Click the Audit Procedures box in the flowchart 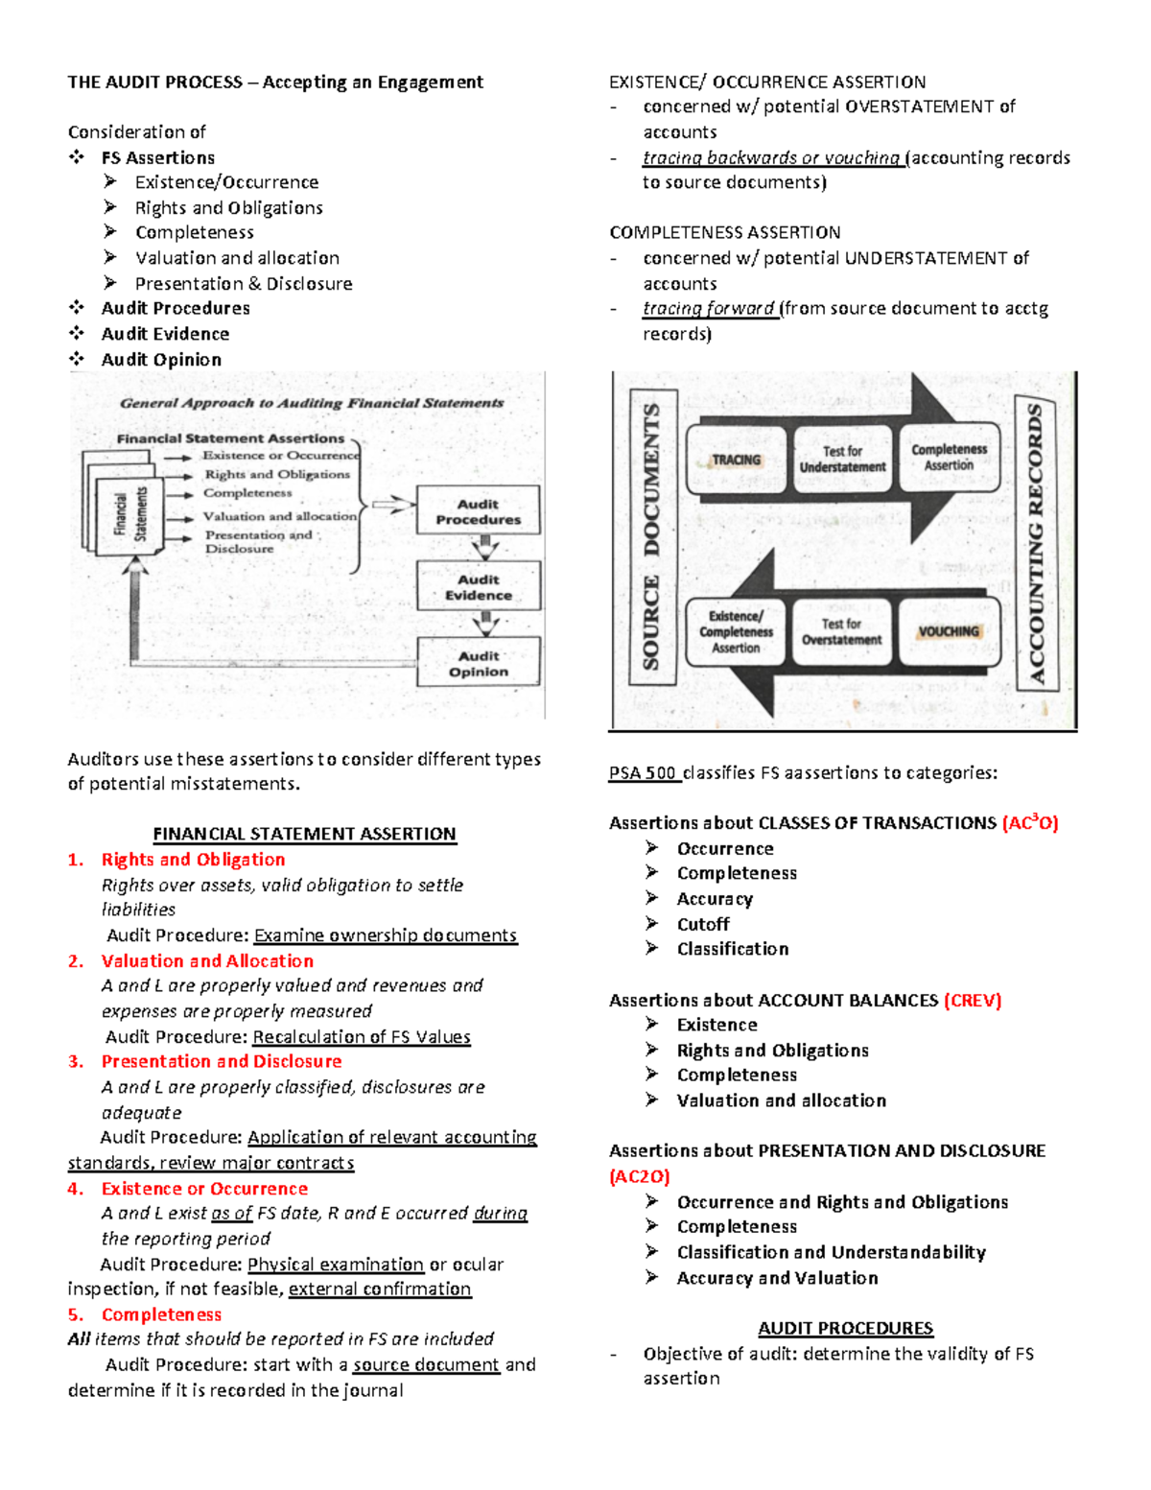point(478,511)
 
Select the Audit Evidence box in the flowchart point(478,587)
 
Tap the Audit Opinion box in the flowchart point(478,664)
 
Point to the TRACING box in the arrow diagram point(737,460)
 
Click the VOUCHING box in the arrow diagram point(948,631)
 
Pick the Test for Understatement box point(842,460)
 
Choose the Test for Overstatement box point(841,631)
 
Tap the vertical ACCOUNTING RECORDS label point(1036,543)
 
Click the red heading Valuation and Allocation point(207,960)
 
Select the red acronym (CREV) point(973,1000)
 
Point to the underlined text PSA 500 point(644,772)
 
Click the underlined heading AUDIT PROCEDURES point(845,1328)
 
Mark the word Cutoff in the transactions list point(703,924)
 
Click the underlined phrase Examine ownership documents point(386,934)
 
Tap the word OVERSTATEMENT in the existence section point(920,106)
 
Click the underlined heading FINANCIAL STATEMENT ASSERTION point(304,834)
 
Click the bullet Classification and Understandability point(831,1252)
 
